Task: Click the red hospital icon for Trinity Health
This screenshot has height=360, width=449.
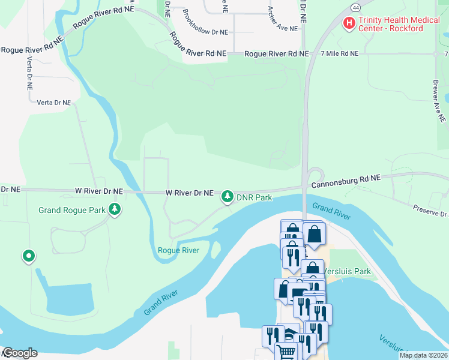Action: point(348,23)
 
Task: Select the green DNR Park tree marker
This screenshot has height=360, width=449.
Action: point(228,196)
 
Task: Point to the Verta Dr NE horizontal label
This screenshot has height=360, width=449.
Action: point(54,103)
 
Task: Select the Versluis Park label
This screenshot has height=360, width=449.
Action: point(348,271)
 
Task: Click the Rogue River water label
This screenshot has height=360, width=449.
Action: point(178,250)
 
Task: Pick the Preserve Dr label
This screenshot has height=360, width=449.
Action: point(432,210)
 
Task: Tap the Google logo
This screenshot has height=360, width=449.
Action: point(19,353)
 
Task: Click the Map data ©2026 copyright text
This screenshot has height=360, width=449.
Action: point(423,355)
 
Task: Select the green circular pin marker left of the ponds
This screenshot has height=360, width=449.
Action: point(28,257)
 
